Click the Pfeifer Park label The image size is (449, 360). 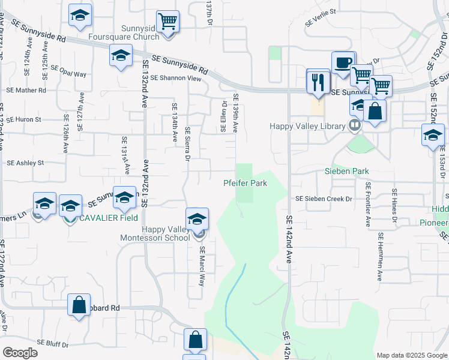245,183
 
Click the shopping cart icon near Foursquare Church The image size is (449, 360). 168,22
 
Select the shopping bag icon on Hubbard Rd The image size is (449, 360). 79,305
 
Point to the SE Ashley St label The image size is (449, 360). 25,163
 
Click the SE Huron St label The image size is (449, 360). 23,119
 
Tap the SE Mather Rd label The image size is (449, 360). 26,91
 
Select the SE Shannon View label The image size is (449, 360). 175,78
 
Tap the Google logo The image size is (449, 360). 20,353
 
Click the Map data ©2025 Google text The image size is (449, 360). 412,355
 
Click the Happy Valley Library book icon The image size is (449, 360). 355,126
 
